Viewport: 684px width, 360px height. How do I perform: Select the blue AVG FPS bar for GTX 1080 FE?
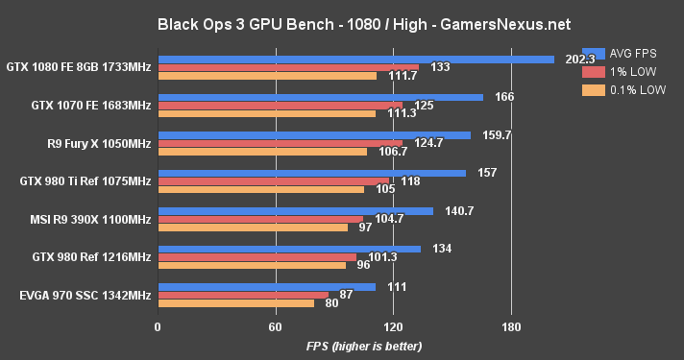(x=355, y=59)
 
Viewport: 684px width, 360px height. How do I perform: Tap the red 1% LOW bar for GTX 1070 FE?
(x=280, y=105)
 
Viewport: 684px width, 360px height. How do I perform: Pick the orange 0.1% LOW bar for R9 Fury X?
(x=262, y=151)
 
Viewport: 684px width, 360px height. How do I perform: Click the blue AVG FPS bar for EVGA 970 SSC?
(x=266, y=286)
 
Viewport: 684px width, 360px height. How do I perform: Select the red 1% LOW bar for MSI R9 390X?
(x=259, y=219)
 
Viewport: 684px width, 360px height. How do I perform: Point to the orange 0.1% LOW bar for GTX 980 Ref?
(x=251, y=265)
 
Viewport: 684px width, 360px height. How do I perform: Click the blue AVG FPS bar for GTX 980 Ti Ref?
(x=311, y=173)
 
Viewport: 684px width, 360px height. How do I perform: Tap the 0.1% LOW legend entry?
(x=621, y=90)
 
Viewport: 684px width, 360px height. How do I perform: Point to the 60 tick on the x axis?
(x=275, y=325)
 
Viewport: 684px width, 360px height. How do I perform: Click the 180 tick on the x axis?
(x=511, y=325)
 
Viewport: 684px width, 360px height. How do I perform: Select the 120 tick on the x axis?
(x=393, y=325)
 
